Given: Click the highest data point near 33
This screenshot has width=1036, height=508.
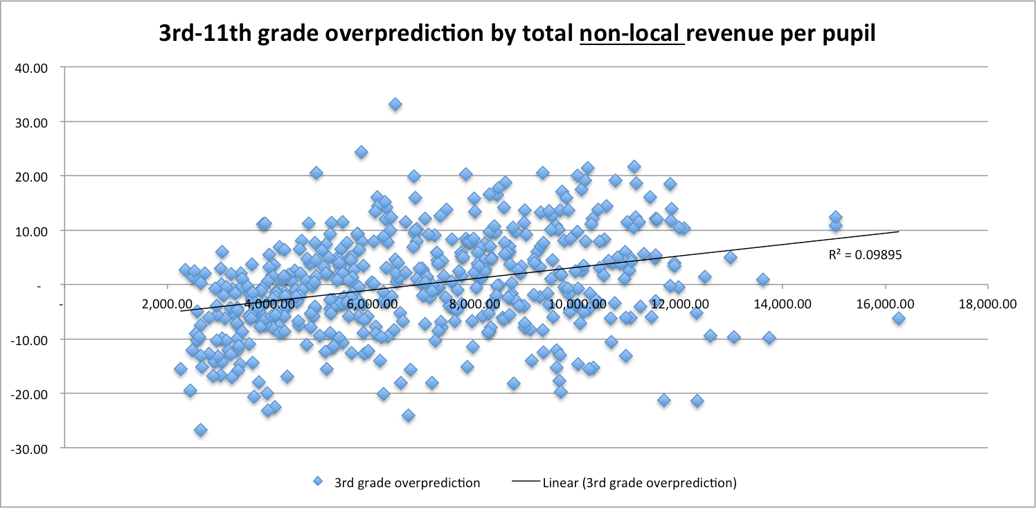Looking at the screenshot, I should tap(395, 104).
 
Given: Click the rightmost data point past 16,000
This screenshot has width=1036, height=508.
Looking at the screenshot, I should tap(899, 318).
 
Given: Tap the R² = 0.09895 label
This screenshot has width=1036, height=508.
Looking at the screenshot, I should tap(865, 255).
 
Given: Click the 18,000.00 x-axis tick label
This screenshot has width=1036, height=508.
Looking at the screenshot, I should tap(988, 304).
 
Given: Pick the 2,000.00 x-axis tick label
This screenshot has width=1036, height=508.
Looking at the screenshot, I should tap(167, 304).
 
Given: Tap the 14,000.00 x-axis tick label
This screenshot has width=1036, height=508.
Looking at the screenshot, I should tap(783, 304).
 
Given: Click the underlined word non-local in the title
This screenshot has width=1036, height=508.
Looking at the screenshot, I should tap(632, 35).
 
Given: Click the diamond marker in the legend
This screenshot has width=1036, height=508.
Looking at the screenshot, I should tap(318, 482).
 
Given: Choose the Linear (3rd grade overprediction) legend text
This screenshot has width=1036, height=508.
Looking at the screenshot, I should tap(640, 482).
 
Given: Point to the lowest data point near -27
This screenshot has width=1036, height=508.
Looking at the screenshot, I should tap(201, 430).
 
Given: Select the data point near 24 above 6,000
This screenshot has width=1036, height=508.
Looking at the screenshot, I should tap(361, 152).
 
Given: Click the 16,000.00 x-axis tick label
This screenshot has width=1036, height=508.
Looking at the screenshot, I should tap(885, 304).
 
